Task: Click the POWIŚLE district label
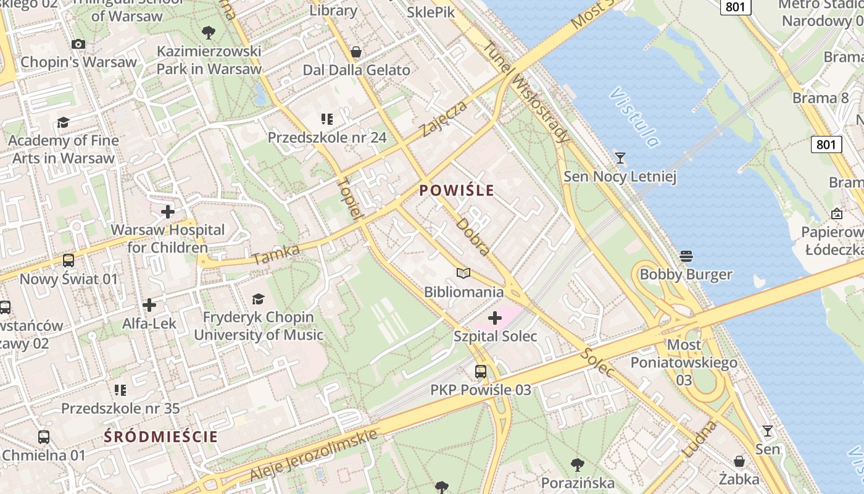tap(457, 190)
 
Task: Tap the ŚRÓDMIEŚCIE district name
tap(161, 437)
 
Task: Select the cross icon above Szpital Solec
tap(495, 318)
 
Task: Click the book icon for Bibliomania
tap(463, 273)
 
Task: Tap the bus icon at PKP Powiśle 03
tap(481, 372)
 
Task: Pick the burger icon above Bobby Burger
tap(686, 256)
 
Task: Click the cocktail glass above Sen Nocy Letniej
tap(620, 158)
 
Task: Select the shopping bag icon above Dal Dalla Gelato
tap(356, 52)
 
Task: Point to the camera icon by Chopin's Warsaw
tap(78, 44)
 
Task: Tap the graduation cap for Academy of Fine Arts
tap(63, 122)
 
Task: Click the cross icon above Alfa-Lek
tap(149, 305)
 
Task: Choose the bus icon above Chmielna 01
tap(44, 437)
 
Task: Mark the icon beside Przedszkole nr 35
tap(120, 390)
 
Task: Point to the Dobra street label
tap(473, 236)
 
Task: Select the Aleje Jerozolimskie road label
tap(314, 454)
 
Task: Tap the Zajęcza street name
tap(443, 119)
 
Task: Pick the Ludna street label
tap(700, 439)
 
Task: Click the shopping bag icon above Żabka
tap(739, 461)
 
